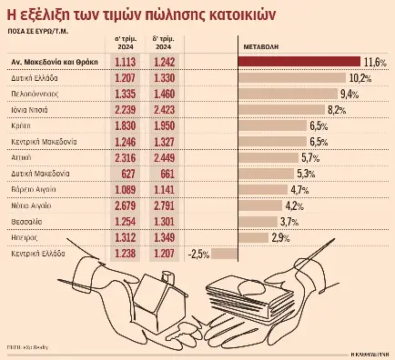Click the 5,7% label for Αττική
pyautogui.click(x=310, y=156)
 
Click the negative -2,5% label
pyautogui.click(x=199, y=254)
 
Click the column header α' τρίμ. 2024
pyautogui.click(x=127, y=43)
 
